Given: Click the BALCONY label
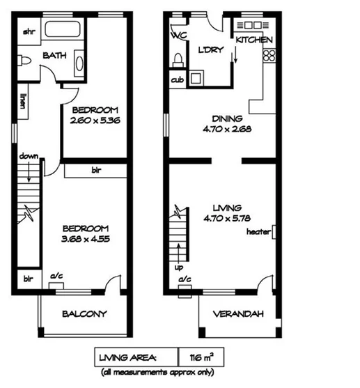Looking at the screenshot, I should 84,314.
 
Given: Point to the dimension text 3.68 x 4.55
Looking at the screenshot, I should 85,238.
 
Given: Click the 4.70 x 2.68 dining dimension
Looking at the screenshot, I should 222,128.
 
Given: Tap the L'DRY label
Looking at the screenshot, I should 210,52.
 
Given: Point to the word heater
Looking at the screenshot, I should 258,232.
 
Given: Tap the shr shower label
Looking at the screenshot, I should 29,32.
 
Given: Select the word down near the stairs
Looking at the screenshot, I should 28,155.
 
